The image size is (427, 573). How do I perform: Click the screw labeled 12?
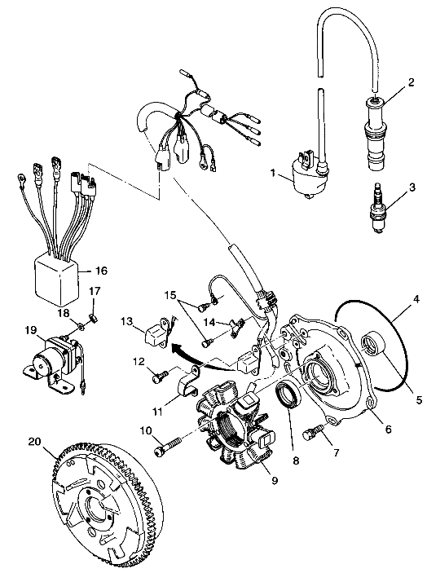[160, 377]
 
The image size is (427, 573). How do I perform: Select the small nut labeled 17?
[93, 319]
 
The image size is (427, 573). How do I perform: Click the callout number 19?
[31, 329]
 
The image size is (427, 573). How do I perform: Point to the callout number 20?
[35, 442]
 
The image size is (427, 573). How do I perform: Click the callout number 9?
[275, 479]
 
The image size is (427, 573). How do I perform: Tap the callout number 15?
[170, 294]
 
